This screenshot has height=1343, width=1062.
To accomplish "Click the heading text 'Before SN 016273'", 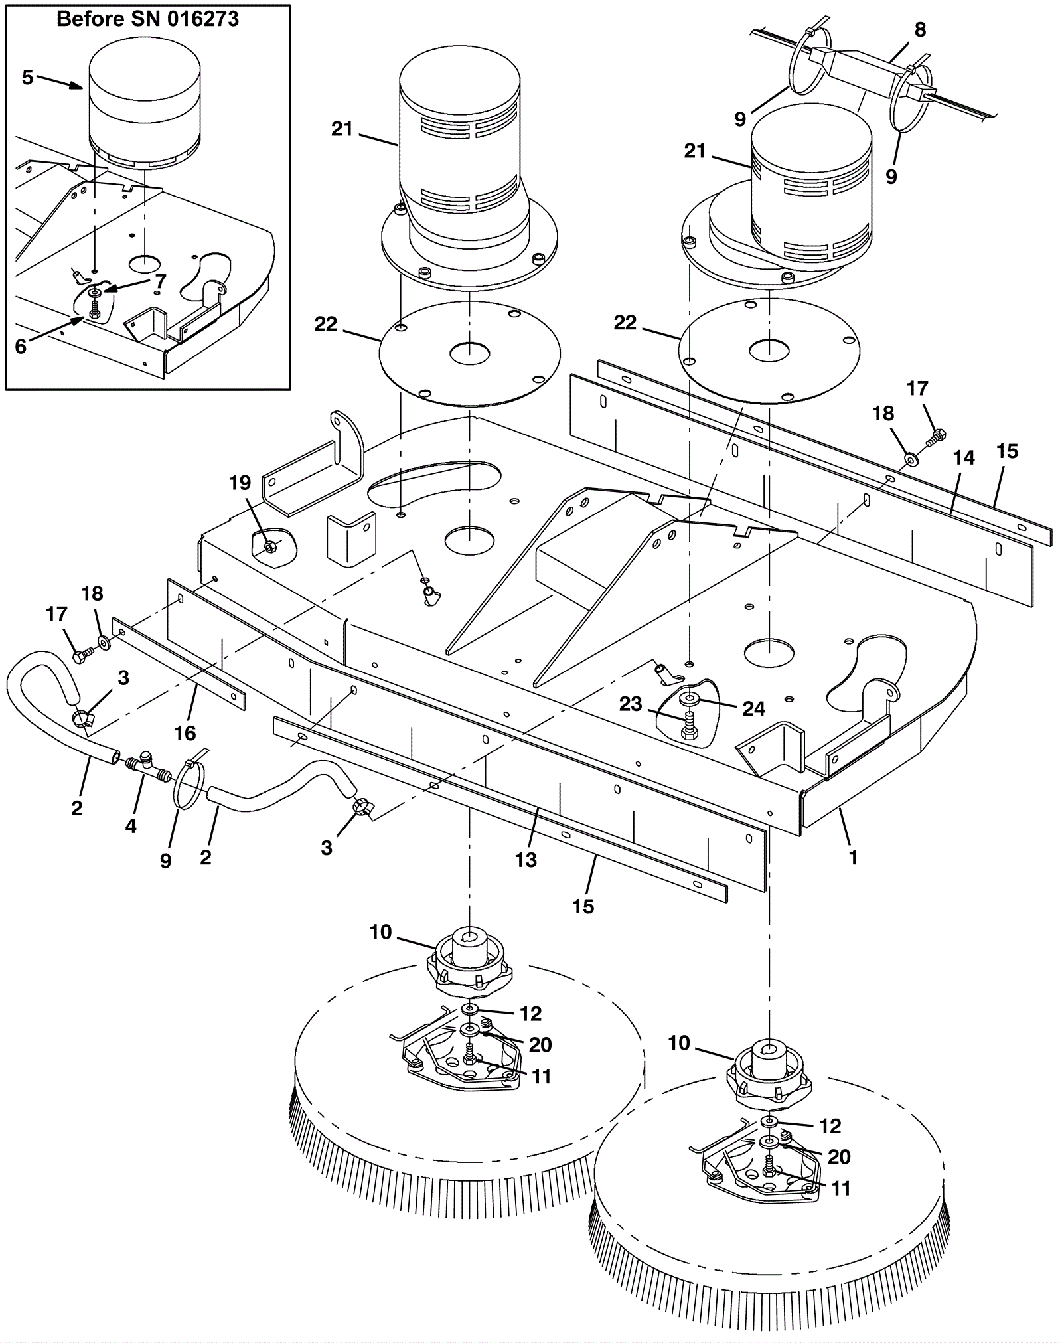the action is (x=147, y=19).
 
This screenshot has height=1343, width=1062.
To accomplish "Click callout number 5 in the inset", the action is (x=27, y=78).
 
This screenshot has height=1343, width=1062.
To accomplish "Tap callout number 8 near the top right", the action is (x=920, y=29).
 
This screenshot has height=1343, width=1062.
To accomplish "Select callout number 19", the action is (x=240, y=483).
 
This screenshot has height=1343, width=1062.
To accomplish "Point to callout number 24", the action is (x=753, y=709).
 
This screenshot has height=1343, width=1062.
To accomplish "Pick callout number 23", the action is (x=631, y=704).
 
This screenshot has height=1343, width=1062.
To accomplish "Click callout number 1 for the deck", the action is (x=854, y=858).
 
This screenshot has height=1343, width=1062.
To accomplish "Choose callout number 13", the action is (x=526, y=860).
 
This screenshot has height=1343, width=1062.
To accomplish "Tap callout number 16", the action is (x=185, y=733).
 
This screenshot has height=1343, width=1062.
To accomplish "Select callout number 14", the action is (x=964, y=457).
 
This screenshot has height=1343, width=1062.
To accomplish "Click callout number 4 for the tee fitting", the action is (x=131, y=826).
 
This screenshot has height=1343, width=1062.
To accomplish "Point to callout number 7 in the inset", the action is (x=161, y=281).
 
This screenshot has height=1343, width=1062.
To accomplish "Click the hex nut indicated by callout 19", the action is (x=270, y=546).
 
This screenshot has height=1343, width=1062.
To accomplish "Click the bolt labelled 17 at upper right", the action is (x=937, y=436).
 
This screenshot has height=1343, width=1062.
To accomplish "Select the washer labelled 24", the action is (x=690, y=699).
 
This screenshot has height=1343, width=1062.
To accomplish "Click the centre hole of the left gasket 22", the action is (x=469, y=353).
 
